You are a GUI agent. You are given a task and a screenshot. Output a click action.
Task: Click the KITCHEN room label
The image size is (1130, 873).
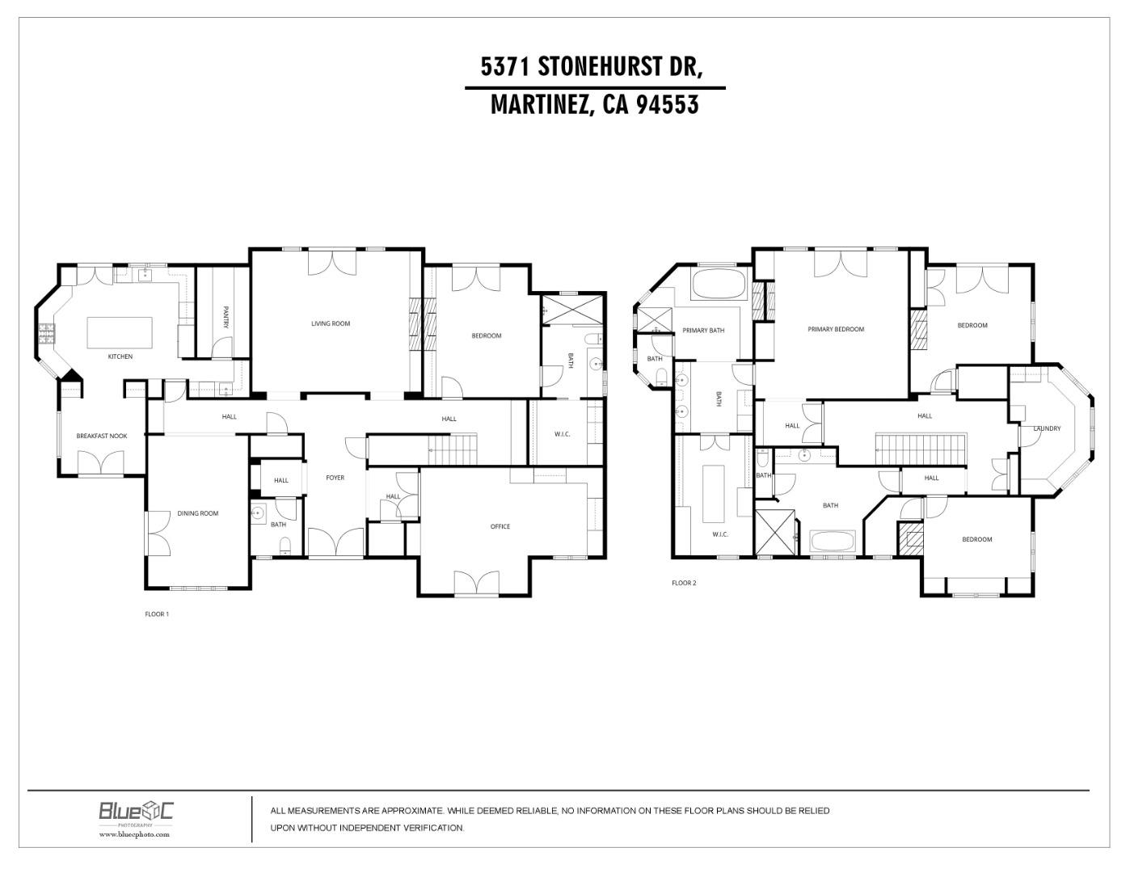click(x=120, y=356)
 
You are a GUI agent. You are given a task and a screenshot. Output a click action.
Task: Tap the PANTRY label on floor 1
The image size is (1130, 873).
click(x=226, y=315)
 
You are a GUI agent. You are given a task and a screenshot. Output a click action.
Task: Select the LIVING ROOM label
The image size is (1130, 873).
click(x=331, y=323)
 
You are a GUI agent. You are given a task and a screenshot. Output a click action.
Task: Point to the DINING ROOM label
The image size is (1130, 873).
click(x=198, y=513)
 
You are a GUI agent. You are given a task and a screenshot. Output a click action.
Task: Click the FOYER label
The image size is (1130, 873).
click(x=335, y=478)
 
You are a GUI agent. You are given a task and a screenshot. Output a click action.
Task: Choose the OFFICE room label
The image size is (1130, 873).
click(x=500, y=526)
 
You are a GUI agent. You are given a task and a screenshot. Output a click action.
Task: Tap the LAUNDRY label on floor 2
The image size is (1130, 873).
click(x=1047, y=428)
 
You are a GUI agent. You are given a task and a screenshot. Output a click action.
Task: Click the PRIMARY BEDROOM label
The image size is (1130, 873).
click(x=836, y=329)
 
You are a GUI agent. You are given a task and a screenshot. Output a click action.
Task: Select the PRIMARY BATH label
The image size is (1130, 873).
click(x=703, y=331)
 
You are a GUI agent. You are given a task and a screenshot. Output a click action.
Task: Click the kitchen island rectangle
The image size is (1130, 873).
click(x=120, y=331)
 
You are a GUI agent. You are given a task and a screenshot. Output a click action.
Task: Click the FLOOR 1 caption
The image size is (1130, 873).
click(x=157, y=614)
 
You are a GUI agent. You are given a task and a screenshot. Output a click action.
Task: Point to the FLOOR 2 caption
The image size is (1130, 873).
click(x=684, y=583)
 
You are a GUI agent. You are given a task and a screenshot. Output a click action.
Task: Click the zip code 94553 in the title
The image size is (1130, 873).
click(x=667, y=105)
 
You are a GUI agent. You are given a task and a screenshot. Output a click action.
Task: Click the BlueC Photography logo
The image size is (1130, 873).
click(x=136, y=811)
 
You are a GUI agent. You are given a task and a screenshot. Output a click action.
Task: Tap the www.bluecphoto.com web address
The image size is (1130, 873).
click(x=135, y=834)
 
